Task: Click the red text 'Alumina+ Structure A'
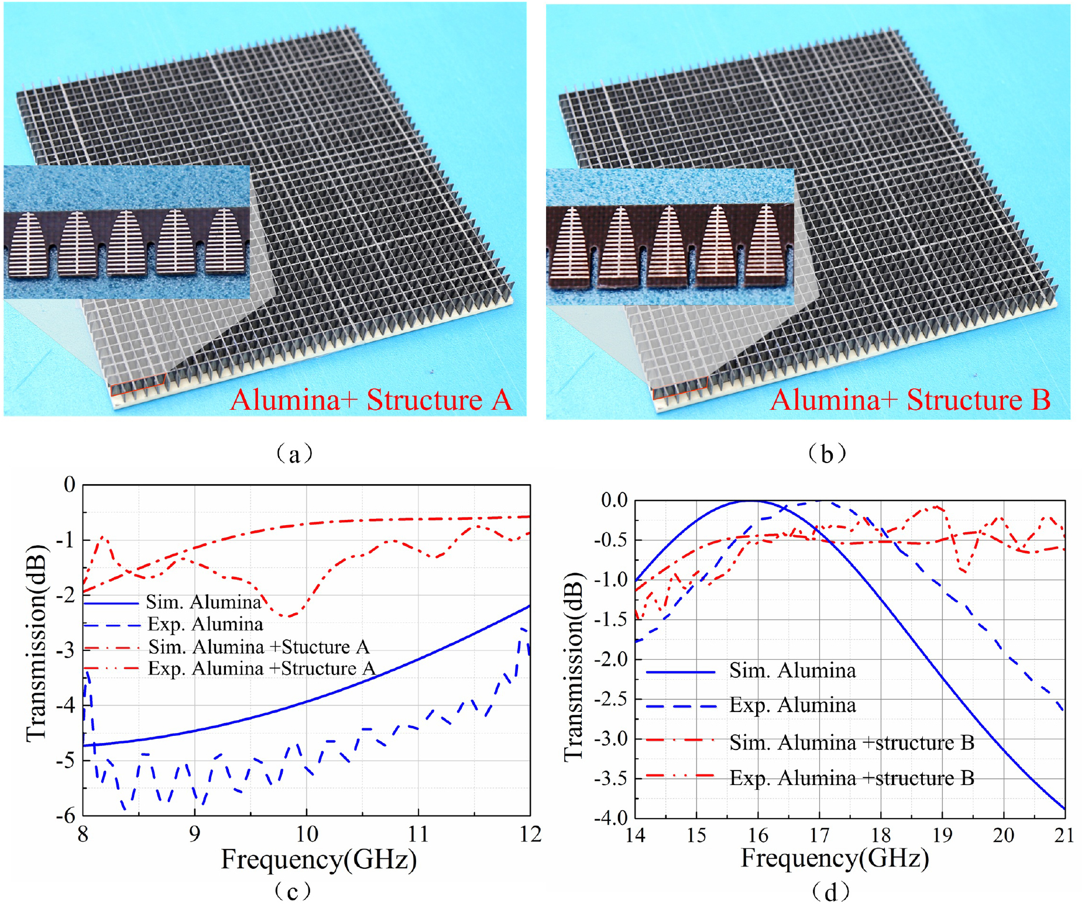371,400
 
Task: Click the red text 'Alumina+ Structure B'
910,400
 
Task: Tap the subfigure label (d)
830,892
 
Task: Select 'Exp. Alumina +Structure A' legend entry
261,669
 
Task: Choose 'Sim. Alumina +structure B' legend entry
851,742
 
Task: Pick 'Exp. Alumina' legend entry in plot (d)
792,705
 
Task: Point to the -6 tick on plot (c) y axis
68,814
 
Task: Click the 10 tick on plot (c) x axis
306,834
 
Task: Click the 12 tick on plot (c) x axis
530,834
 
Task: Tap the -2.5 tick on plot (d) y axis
610,699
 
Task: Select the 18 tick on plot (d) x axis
881,835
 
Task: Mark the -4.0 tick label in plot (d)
610,818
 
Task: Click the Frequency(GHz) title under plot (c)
318,859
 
